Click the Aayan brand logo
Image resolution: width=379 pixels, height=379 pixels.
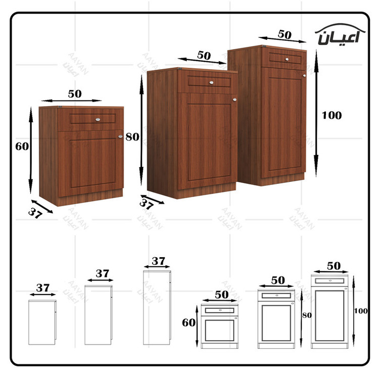[x=340, y=34]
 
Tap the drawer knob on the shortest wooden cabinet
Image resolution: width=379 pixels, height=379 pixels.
[x=98, y=119]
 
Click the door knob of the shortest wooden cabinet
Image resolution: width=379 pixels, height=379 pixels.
[x=120, y=136]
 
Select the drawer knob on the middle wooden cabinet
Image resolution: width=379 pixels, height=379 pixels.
[x=211, y=82]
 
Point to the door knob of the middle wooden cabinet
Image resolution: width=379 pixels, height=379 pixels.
[x=234, y=100]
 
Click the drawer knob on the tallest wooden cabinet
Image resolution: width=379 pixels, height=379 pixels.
[x=287, y=59]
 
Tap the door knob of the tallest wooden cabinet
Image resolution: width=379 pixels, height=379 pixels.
[x=304, y=76]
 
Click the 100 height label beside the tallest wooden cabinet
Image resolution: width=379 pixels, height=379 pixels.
[x=331, y=115]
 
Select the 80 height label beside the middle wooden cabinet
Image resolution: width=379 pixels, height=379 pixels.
[x=132, y=137]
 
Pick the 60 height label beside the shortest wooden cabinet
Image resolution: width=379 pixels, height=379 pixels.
[x=22, y=146]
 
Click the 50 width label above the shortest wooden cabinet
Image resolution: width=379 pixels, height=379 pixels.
[x=75, y=94]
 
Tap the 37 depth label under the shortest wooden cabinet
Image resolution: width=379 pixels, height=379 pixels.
[x=35, y=213]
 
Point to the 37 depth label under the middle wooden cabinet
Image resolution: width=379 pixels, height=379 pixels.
[x=147, y=204]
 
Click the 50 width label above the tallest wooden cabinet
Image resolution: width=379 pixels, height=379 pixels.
[x=285, y=34]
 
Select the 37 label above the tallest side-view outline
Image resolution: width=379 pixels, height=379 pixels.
[x=158, y=261]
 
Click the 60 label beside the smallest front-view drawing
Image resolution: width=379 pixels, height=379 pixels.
[x=189, y=322]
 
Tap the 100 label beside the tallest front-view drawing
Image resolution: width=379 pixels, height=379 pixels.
[x=361, y=311]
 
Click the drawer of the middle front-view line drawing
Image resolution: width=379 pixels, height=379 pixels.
[x=276, y=296]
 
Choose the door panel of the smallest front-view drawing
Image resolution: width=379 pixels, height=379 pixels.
[x=219, y=330]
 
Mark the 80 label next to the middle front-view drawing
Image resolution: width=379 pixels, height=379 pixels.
[x=307, y=315]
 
